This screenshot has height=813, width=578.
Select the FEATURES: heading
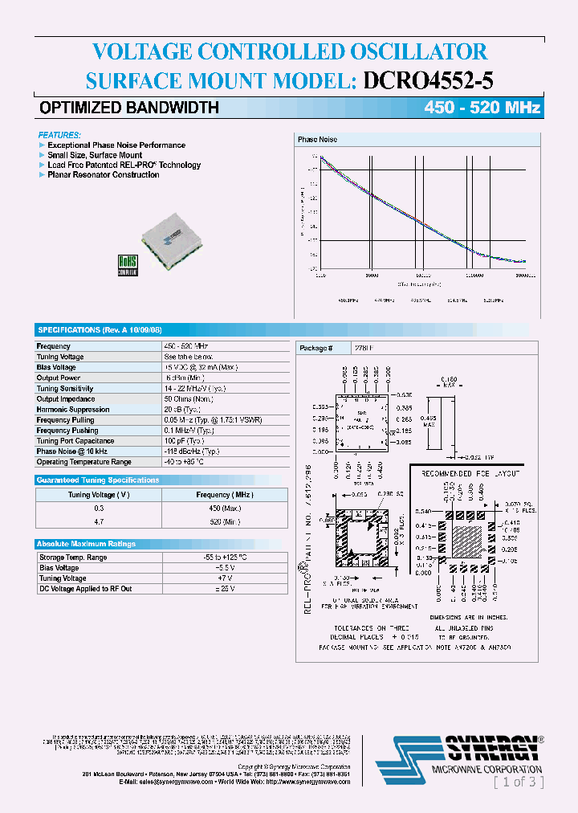pos(60,135)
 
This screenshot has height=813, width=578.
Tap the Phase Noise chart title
pos(317,140)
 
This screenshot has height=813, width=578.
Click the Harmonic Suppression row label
pos(73,410)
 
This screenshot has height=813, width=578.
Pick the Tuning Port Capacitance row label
pos(75,441)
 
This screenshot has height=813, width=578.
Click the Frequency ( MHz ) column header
pos(224,496)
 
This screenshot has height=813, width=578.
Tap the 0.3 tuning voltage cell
pos(100,509)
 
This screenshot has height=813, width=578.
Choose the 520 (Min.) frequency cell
pos(224,522)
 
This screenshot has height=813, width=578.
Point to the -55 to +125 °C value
pos(224,558)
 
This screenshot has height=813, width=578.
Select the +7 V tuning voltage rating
pos(224,578)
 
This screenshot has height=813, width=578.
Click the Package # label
pos(314,348)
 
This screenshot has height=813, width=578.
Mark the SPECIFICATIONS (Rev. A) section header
pos(100,330)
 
